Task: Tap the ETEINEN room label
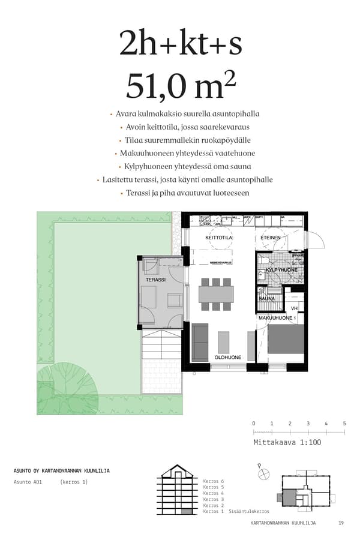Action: [271, 238]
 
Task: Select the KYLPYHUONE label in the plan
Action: [281, 271]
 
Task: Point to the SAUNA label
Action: [267, 298]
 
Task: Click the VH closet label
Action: [294, 308]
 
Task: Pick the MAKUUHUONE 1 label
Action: [277, 318]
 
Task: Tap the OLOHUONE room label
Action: [228, 357]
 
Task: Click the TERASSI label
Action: [155, 280]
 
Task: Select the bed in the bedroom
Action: [286, 340]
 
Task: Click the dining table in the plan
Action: [217, 293]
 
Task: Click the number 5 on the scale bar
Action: [344, 424]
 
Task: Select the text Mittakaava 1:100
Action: [287, 442]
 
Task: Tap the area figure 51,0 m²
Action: [180, 85]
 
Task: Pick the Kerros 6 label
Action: [213, 481]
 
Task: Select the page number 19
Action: [341, 523]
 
